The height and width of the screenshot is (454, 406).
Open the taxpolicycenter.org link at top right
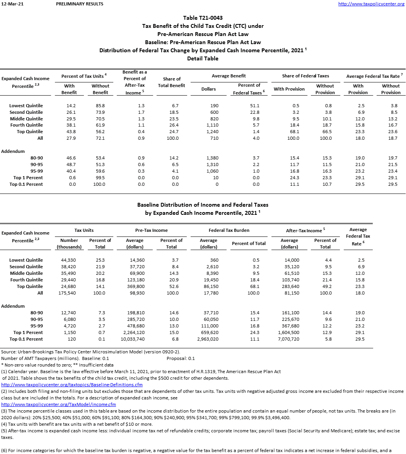pyautogui.click(x=371, y=4)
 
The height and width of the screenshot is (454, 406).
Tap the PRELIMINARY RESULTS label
pyautogui.click(x=80, y=4)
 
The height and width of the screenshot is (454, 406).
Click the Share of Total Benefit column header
pyautogui.click(x=172, y=82)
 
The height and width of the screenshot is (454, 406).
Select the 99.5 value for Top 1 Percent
pyautogui.click(x=99, y=178)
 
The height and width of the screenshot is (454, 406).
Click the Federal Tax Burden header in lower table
pyautogui.click(x=229, y=230)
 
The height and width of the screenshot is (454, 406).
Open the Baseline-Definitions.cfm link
pyautogui.click(x=72, y=385)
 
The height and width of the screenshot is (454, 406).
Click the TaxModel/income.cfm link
pyautogui.click(x=58, y=404)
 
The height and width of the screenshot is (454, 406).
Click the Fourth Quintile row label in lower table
pyautogui.click(x=27, y=280)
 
